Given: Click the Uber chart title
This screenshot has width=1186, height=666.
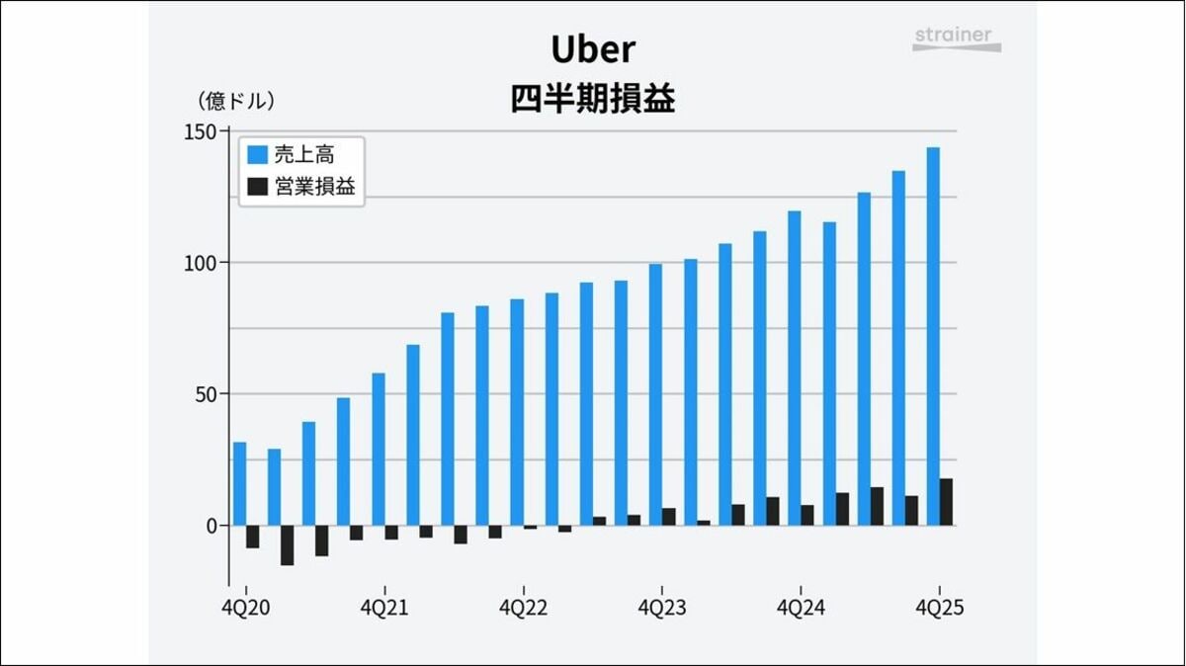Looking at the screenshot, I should pos(593,49).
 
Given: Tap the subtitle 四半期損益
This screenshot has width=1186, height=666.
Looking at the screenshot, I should pos(593,100).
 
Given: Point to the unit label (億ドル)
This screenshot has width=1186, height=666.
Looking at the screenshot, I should pos(236,100).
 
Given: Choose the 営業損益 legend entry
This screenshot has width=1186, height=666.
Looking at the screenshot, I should pos(301,186).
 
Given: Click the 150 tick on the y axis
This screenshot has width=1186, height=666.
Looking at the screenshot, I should pos(202,132).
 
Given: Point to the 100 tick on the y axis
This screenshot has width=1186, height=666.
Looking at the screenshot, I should pos(202,263).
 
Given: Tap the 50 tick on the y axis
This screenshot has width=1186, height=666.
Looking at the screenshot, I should pos(206,394).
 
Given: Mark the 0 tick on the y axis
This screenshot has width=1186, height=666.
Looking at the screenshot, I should pos(211,526).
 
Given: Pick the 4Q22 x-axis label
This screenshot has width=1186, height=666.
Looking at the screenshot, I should pos(523,608).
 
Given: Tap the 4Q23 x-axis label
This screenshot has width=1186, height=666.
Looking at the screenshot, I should pos(662,608).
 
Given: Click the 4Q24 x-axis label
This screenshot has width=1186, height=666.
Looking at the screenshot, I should pos(801,608).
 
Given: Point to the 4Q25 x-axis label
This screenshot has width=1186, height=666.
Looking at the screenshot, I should pos(939,608).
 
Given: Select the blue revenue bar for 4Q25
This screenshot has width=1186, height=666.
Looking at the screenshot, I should pos(933,336).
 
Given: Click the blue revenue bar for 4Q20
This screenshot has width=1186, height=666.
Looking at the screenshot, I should pos(239,483).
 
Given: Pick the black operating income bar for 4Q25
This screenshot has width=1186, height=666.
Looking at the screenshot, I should pos(947,502).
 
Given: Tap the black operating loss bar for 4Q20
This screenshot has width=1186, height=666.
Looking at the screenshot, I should pos(253,537).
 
